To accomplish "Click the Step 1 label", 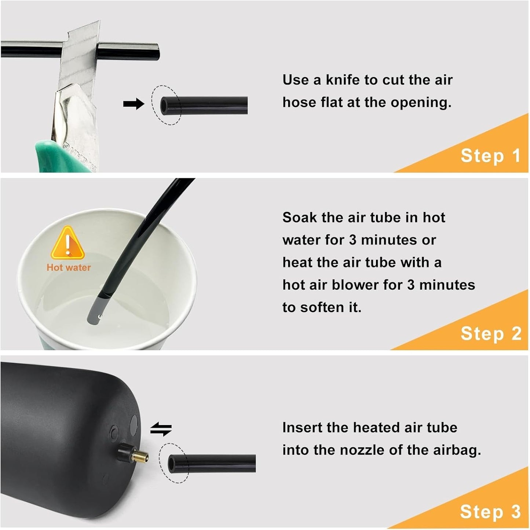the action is point(490,156).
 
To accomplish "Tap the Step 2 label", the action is point(491,334).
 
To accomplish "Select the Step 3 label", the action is point(490,512).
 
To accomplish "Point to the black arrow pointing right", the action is point(134,104).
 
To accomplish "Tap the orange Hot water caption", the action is point(69,267).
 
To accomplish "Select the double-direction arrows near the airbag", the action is point(161,430).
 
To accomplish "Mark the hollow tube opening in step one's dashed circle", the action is point(164,105).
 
